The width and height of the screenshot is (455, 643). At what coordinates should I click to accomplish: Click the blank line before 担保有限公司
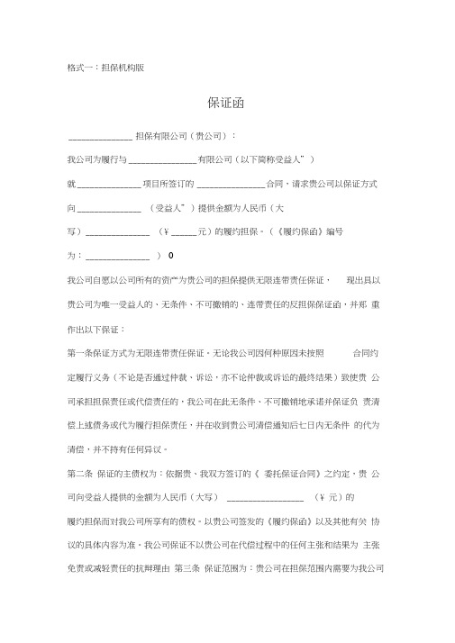point(99,137)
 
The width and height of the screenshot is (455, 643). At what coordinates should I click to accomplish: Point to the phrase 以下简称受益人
point(270,159)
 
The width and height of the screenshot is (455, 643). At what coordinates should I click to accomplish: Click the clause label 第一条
point(80,350)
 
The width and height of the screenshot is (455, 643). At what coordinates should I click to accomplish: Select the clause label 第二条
point(80,473)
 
